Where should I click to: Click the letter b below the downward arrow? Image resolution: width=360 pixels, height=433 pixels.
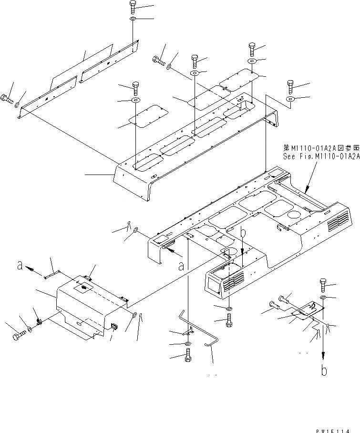tap(324, 371)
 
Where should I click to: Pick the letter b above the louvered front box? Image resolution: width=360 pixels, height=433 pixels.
tap(243, 234)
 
